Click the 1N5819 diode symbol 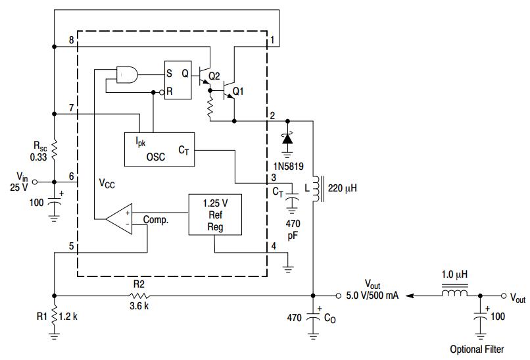(x=287, y=138)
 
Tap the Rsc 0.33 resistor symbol (x=54, y=149)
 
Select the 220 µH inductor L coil (x=317, y=189)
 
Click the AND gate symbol (x=127, y=74)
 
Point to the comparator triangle (x=119, y=219)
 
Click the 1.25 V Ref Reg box (x=215, y=215)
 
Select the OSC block (x=160, y=149)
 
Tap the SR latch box (x=178, y=80)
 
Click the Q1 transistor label (x=238, y=91)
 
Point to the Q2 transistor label (x=214, y=76)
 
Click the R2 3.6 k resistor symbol (x=139, y=296)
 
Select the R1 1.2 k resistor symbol (x=54, y=317)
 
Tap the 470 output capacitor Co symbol (x=313, y=317)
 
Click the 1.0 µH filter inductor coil (x=455, y=293)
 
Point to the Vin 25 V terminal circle (x=34, y=182)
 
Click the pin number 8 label (x=71, y=40)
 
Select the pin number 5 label (x=71, y=246)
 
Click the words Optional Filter (x=477, y=349)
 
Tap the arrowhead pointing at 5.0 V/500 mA (x=410, y=296)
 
